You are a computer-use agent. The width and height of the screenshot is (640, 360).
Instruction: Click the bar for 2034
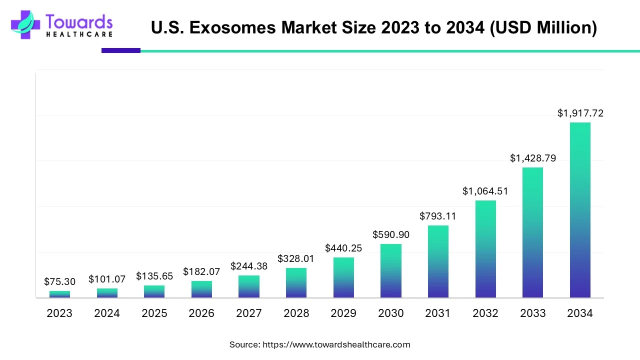pyautogui.click(x=580, y=210)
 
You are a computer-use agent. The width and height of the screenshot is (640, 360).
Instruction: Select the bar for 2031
pyautogui.click(x=438, y=261)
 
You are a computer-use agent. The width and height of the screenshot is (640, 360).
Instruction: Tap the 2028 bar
pyautogui.click(x=296, y=283)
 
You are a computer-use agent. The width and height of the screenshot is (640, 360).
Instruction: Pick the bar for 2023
pyautogui.click(x=59, y=294)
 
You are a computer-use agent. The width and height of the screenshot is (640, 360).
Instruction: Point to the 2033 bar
pyautogui.click(x=532, y=232)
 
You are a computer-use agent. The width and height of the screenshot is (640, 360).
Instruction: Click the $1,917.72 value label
pyautogui.click(x=580, y=113)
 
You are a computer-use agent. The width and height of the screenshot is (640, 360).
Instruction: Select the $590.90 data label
pyautogui.click(x=391, y=234)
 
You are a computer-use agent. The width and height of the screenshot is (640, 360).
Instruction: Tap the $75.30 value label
pyautogui.click(x=59, y=282)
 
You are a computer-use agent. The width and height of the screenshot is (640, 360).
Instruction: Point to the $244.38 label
pyautogui.click(x=249, y=266)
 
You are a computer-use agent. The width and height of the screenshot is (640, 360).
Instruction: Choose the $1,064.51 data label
pyautogui.click(x=485, y=191)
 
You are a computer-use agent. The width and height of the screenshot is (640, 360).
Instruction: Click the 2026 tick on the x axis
pyautogui.click(x=201, y=313)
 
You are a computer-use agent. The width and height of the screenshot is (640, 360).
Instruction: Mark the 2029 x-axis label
pyautogui.click(x=343, y=313)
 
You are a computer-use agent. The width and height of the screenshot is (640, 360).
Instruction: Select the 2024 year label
pyautogui.click(x=107, y=313)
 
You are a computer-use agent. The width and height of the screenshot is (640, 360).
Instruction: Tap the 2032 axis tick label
pyautogui.click(x=485, y=313)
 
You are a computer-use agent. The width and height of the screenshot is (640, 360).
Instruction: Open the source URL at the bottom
pyautogui.click(x=336, y=344)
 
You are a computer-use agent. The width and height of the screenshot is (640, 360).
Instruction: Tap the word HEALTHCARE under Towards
pyautogui.click(x=79, y=34)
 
